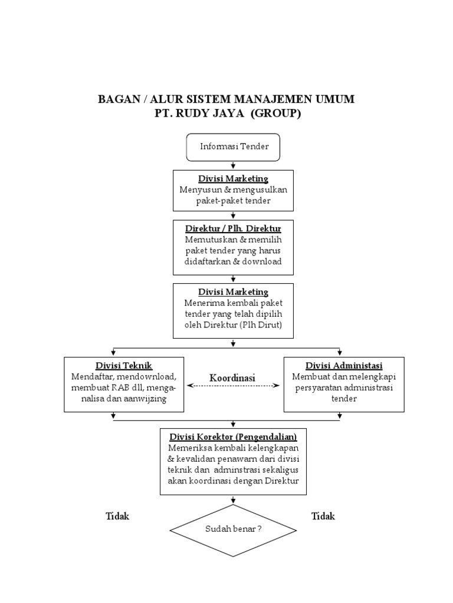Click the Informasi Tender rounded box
pyautogui.click(x=234, y=147)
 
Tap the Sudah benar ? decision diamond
pyautogui.click(x=234, y=529)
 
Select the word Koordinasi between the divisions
pyautogui.click(x=232, y=377)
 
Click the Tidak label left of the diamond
pyautogui.click(x=117, y=516)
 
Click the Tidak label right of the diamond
pyautogui.click(x=323, y=516)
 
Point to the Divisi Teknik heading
pyautogui.click(x=124, y=365)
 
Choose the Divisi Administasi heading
pyautogui.click(x=344, y=365)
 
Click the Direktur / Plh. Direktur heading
pyautogui.click(x=234, y=228)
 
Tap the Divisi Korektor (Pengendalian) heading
pyautogui.click(x=233, y=436)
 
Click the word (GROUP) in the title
pyautogui.click(x=275, y=114)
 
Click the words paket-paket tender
pyautogui.click(x=234, y=201)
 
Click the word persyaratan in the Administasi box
pyautogui.click(x=318, y=387)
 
